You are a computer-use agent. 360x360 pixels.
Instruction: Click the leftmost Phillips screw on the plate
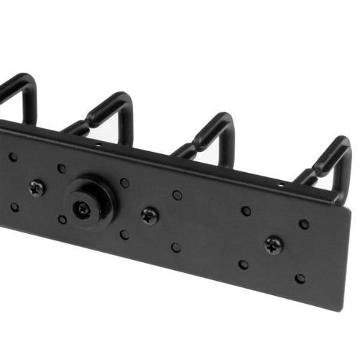[x=36, y=189]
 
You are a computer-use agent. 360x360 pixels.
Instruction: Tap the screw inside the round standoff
[x=84, y=209]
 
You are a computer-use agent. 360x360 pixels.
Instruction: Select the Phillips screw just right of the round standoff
[x=150, y=215]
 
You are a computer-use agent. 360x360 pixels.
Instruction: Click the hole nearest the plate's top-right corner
[x=304, y=224]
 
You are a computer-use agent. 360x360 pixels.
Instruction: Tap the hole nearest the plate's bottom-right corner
[x=300, y=278]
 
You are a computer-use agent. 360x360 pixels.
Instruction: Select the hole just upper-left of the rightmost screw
[x=246, y=211]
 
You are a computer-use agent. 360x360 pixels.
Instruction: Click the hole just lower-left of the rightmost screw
[x=243, y=264]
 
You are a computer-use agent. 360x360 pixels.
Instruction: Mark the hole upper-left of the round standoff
[x=62, y=168]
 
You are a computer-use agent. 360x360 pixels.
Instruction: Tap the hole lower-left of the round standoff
[x=63, y=220]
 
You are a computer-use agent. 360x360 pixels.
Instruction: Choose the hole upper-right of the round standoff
[x=125, y=183]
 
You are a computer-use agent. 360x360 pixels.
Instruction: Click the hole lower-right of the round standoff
[x=124, y=235]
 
